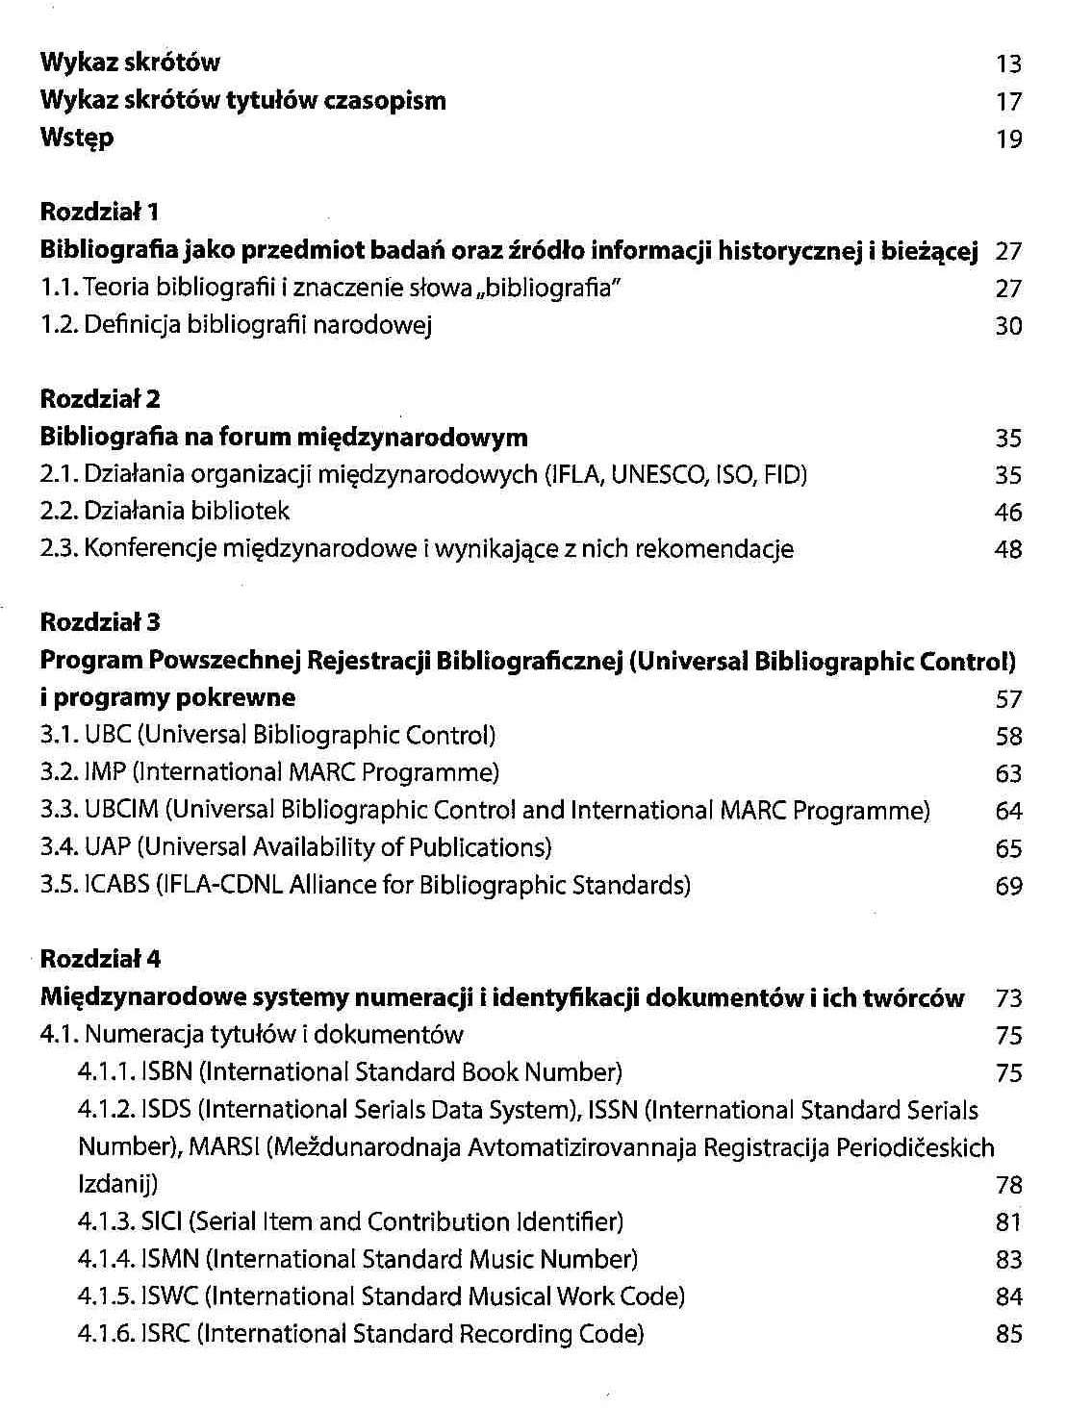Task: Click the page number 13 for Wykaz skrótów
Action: (1008, 64)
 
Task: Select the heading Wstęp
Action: (77, 138)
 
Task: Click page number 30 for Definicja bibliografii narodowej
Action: (1008, 326)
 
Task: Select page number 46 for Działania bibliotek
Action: (1008, 513)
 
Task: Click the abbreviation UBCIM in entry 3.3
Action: (121, 810)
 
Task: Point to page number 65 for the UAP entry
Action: (1008, 848)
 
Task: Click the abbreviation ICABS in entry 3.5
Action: (117, 885)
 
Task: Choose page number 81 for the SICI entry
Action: (1008, 1222)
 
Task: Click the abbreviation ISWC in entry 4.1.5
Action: (169, 1296)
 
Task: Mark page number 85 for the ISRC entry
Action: (1008, 1335)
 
